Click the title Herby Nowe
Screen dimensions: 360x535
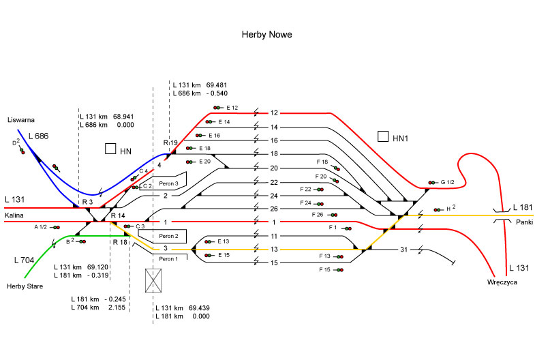267,33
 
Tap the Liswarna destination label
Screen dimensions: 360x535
20,120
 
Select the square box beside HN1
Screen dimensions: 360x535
383,137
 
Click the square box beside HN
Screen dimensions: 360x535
110,149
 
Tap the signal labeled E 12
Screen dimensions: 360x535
217,108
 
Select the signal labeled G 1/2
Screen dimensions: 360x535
432,183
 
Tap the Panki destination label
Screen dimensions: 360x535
524,222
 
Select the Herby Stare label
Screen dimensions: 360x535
25,286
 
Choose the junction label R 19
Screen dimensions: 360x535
170,142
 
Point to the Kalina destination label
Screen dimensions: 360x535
15,215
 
